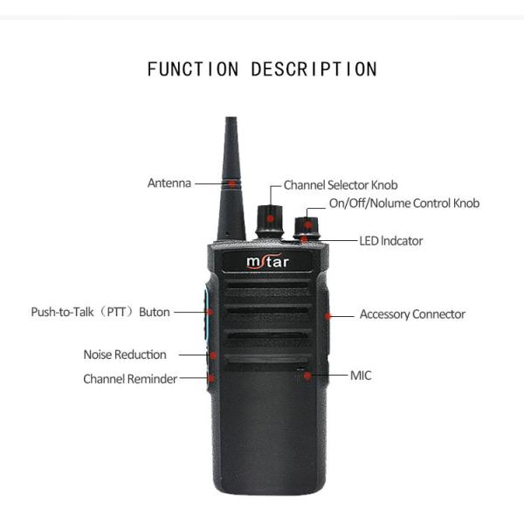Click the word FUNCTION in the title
(x=195, y=69)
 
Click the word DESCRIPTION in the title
(x=314, y=69)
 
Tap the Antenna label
(x=169, y=183)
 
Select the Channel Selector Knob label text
(x=341, y=185)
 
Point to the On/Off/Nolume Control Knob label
(x=404, y=203)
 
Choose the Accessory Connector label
(x=412, y=314)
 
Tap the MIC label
(x=361, y=376)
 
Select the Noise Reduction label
(x=125, y=355)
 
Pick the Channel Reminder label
(x=130, y=379)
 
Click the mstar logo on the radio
(x=267, y=261)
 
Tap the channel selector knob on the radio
(x=270, y=221)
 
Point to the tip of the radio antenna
(x=230, y=120)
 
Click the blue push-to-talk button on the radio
(x=208, y=312)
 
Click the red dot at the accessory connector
(x=329, y=314)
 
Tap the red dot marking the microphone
(x=307, y=376)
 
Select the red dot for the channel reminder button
(x=211, y=378)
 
